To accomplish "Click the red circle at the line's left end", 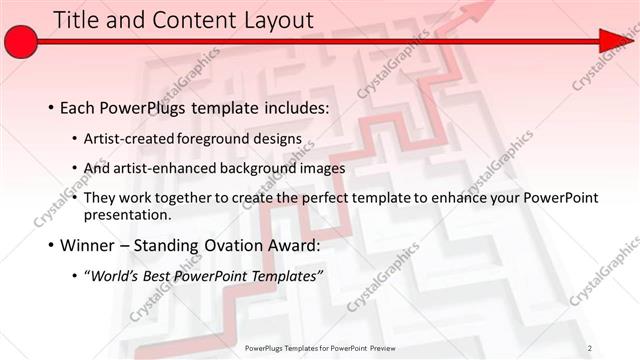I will pos(21,42).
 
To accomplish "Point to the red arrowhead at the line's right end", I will pos(612,41).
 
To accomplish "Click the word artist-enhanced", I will pos(162,168).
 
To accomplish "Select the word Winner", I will pos(87,245).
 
